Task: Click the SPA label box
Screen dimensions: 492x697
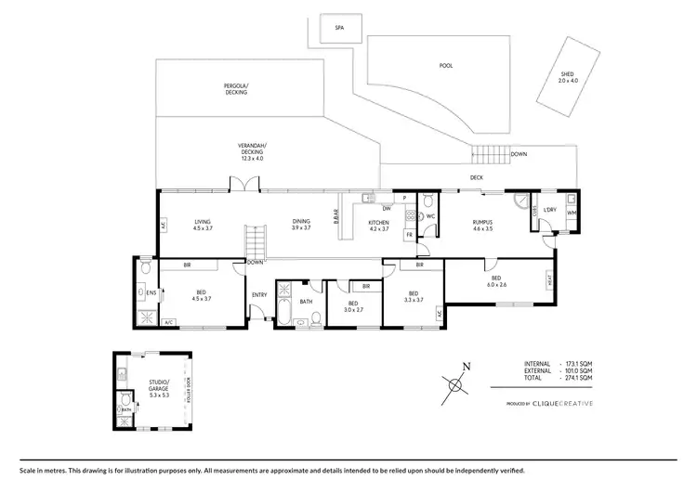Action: tap(339, 28)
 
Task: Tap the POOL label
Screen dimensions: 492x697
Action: tap(445, 66)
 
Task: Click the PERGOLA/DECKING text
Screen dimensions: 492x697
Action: tap(237, 89)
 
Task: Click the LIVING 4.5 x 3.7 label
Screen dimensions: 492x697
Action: tap(203, 224)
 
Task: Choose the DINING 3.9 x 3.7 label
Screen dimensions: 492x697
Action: tap(301, 224)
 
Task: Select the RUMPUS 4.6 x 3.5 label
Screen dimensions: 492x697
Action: tap(481, 224)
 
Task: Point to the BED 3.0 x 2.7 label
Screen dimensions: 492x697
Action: tap(353, 305)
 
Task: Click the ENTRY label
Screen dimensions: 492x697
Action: tap(259, 296)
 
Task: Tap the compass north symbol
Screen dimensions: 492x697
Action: tap(457, 381)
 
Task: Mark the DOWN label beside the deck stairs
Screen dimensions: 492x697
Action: tap(519, 155)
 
